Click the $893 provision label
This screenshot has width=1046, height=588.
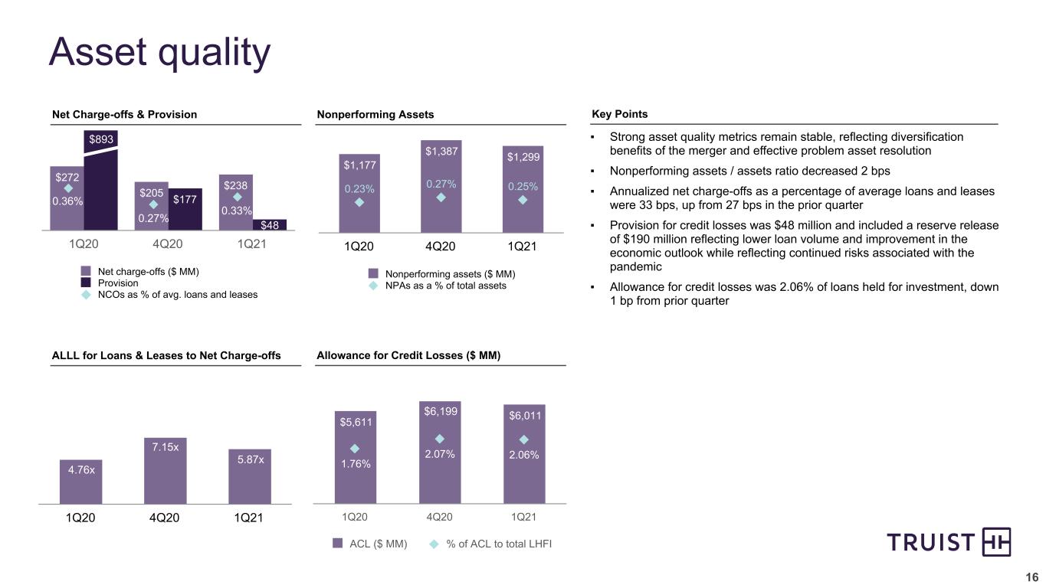pyautogui.click(x=100, y=139)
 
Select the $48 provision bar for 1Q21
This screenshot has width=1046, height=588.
pyautogui.click(x=269, y=225)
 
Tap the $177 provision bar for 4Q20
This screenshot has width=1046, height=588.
pyautogui.click(x=185, y=208)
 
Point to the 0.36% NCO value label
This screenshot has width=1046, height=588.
pyautogui.click(x=67, y=201)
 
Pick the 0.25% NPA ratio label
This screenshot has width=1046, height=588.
pyautogui.click(x=523, y=186)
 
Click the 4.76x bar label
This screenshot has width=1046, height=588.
pyautogui.click(x=81, y=469)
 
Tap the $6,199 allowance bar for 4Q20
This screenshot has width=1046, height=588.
pyautogui.click(x=440, y=452)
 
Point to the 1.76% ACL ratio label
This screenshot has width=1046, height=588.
pyautogui.click(x=355, y=463)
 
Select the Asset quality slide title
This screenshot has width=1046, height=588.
pyautogui.click(x=159, y=52)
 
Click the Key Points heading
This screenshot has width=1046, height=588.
pyautogui.click(x=620, y=114)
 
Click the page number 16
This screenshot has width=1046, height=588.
pyautogui.click(x=1032, y=577)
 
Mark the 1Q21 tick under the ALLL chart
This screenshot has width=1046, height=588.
pyautogui.click(x=248, y=518)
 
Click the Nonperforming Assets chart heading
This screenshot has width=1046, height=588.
pyautogui.click(x=375, y=115)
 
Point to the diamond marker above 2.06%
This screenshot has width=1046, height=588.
pyautogui.click(x=524, y=439)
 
